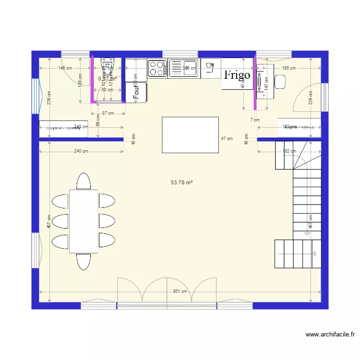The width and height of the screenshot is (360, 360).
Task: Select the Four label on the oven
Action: coord(136,93)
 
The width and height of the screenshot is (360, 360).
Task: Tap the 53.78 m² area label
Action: coord(181,182)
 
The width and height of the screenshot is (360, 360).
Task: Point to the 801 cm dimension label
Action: coord(180,291)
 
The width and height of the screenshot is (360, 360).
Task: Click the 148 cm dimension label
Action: coord(65,68)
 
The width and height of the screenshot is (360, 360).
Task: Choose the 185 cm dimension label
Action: coord(289,68)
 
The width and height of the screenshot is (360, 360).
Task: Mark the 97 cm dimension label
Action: coord(108,113)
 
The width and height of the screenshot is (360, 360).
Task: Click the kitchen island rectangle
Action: coord(190,135)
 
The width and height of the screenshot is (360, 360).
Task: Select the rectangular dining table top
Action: coord(84,221)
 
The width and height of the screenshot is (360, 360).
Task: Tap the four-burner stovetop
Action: coord(157,68)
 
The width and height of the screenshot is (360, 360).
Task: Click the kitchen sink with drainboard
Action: coord(183,68)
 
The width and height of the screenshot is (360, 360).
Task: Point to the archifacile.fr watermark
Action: coord(330,335)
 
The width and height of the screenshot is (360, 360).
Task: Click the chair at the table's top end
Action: coord(84,181)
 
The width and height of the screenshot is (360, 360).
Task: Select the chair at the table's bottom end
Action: coord(84,262)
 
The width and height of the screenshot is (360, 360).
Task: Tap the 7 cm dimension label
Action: coord(255,120)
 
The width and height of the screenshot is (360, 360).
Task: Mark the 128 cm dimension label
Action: coord(81,80)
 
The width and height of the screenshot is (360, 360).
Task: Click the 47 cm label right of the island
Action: coord(227,138)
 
